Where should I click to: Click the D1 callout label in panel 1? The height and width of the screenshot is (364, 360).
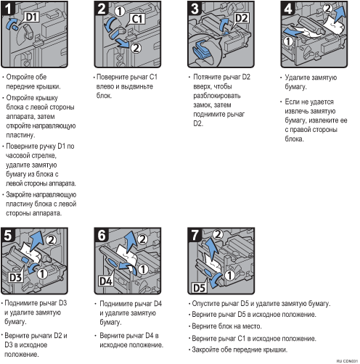click(x=32, y=17)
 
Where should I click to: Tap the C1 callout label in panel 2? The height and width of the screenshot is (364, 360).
click(x=138, y=19)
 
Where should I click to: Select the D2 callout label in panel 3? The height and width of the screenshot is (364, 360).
click(x=242, y=18)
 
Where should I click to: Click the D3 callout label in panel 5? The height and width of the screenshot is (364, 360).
click(x=16, y=278)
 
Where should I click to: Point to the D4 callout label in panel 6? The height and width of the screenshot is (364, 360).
click(x=106, y=281)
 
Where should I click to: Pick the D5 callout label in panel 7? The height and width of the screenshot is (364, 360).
click(x=199, y=288)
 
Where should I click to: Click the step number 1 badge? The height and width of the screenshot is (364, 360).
click(x=8, y=9)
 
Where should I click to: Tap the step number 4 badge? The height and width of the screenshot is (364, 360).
click(x=288, y=9)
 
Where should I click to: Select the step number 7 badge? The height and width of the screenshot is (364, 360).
click(x=195, y=235)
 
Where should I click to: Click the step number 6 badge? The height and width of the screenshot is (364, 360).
click(x=102, y=235)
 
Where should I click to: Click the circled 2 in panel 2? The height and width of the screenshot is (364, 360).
click(x=136, y=48)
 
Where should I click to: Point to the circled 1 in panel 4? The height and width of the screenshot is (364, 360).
click(x=288, y=41)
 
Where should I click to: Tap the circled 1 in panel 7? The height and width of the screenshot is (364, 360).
click(x=229, y=276)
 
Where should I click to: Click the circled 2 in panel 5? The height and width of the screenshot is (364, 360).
click(x=51, y=240)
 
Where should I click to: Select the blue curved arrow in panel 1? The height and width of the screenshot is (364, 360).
click(x=11, y=23)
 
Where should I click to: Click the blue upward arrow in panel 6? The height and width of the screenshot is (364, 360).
click(x=129, y=242)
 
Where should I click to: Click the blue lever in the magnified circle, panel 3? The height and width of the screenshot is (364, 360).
click(x=201, y=49)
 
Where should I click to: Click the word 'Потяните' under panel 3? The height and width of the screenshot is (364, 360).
click(x=207, y=77)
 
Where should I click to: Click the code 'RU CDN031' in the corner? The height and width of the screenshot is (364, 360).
click(x=347, y=361)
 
